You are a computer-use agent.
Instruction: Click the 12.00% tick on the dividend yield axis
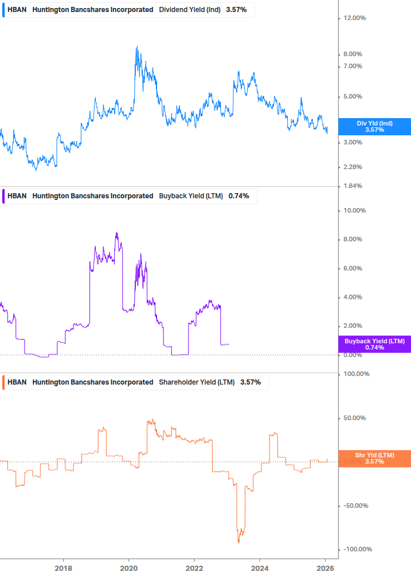coord(354,18)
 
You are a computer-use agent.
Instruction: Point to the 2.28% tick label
coord(353,167)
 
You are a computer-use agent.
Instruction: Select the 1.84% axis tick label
coord(353,186)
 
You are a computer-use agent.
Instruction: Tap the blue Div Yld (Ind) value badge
coord(374,127)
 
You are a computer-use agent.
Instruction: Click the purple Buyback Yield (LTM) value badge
coord(374,344)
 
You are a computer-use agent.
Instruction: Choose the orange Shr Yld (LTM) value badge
coord(374,458)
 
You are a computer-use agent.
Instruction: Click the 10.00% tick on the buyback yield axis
coord(354,210)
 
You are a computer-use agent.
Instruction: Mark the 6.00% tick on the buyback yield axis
coord(353,268)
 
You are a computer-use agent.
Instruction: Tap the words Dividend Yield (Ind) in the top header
coord(189,10)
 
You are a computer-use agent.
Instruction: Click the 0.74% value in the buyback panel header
coord(238,195)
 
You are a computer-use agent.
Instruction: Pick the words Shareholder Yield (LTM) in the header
coord(197,382)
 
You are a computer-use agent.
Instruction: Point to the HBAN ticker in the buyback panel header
coord(17,195)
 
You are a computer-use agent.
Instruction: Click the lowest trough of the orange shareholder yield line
coord(238,542)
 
